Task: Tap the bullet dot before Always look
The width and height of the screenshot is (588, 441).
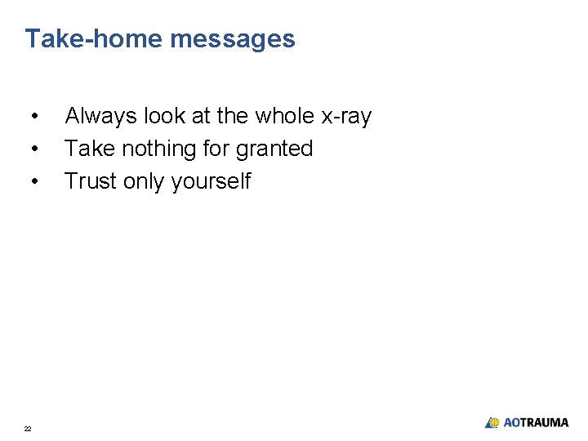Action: [x=33, y=117]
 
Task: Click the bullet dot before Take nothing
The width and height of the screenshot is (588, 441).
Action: [x=33, y=149]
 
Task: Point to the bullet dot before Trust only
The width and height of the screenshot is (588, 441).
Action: [x=33, y=181]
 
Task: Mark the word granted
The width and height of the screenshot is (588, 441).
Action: [x=274, y=149]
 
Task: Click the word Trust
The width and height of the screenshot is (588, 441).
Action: [x=91, y=181]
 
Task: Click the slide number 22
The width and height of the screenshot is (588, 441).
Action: [x=28, y=428]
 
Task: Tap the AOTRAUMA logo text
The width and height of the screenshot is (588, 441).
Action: [x=536, y=423]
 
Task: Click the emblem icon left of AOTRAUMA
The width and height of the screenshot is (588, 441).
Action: [x=492, y=423]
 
